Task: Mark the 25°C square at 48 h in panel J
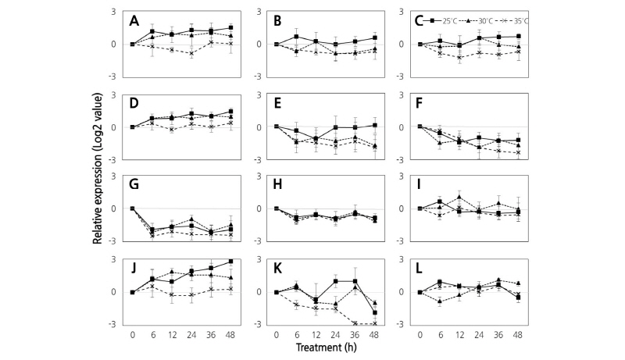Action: pyautogui.click(x=231, y=261)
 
